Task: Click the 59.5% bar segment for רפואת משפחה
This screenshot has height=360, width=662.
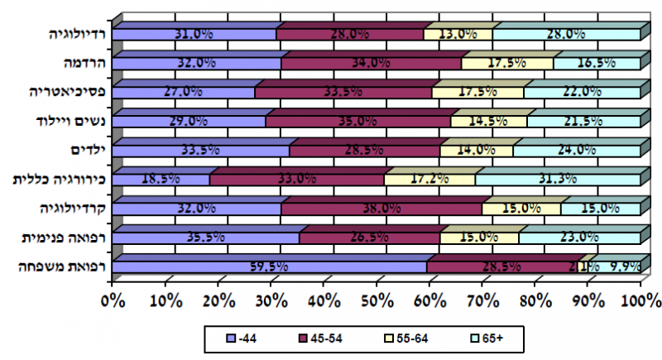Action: [x=269, y=266]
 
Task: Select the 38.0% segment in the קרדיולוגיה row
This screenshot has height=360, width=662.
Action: [x=381, y=208]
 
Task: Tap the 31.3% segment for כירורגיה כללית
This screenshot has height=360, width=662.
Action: [x=558, y=179]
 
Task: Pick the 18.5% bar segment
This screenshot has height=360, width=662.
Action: [x=161, y=179]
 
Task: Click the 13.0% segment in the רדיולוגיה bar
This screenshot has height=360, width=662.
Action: [x=458, y=34]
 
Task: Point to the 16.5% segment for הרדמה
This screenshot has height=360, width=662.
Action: [x=597, y=63]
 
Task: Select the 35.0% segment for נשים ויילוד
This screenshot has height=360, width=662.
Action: [x=358, y=121]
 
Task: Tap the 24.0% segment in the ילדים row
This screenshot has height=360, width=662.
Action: [x=577, y=150]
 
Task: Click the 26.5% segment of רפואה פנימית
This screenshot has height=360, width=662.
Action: [x=370, y=238]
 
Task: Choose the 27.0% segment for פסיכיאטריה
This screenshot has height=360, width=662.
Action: [x=184, y=92]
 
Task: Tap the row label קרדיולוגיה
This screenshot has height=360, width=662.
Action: [x=73, y=208]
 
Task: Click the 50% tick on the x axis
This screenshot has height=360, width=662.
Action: [x=377, y=299]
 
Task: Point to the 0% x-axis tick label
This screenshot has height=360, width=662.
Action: [x=113, y=299]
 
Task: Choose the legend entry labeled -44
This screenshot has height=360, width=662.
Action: [x=237, y=338]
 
